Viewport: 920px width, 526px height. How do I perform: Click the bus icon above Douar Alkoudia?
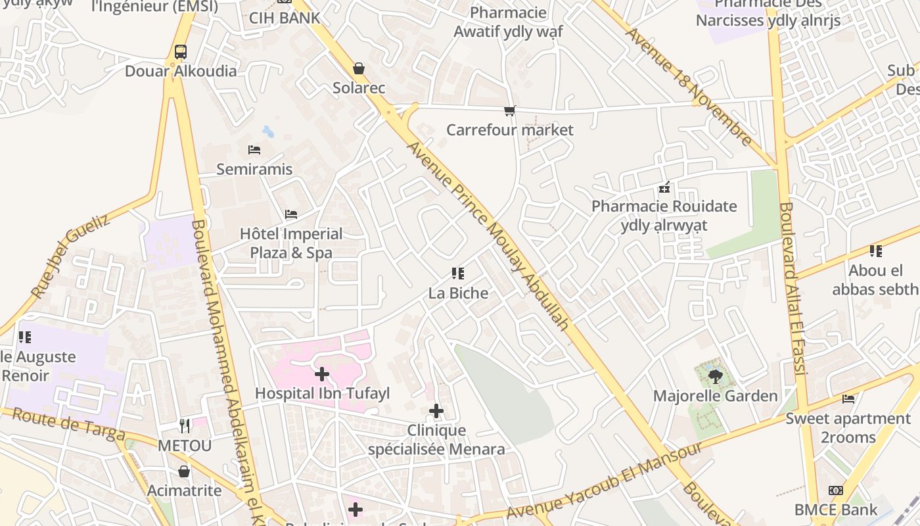pos(180,52)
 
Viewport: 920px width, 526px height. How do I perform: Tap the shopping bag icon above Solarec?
pos(359,68)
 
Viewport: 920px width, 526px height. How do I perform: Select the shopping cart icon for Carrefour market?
pos(509,110)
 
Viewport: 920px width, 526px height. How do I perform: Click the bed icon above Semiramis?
pos(254,150)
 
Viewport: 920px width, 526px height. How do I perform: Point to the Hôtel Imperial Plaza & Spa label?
pos(291,243)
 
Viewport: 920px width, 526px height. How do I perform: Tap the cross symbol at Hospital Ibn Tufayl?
pos(322,374)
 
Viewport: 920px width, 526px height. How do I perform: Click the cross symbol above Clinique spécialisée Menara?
pos(436,412)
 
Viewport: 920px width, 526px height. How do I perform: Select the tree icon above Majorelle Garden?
pos(715,377)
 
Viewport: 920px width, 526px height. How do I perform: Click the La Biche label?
pos(458,293)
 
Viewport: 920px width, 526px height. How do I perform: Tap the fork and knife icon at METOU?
pos(185,426)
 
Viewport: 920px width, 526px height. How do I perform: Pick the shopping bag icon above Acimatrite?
pos(184,471)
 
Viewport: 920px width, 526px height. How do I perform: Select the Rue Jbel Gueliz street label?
pos(70,256)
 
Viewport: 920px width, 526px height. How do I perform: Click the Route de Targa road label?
pos(68,424)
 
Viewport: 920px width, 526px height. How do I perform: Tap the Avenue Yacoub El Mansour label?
pos(605,483)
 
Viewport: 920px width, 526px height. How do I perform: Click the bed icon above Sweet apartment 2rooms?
pos(848,399)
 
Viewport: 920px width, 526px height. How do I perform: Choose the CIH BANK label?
pos(285,18)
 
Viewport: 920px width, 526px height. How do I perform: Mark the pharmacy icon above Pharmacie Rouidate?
pos(664,188)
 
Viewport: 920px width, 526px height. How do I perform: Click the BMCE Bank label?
pos(835,510)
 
